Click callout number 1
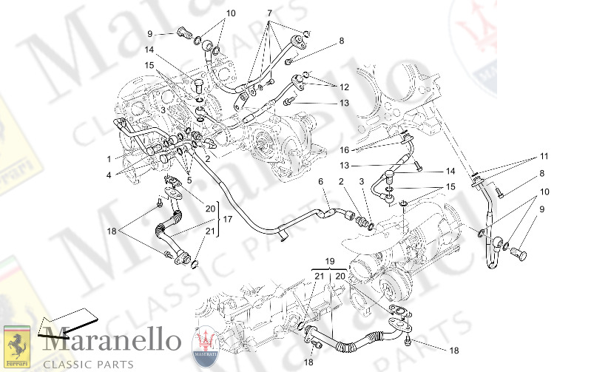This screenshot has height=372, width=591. pos(108,158)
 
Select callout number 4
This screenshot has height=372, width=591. pos(108,175)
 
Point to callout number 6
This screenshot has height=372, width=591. pos(320,182)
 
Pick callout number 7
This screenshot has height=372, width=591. pos(269,13)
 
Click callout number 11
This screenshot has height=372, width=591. pos(544,157)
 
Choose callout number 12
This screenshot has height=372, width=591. pos(343,87)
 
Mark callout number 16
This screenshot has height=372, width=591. pos(345,149)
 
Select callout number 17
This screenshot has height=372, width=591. pos(228,219)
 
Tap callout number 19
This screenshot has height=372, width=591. pos(330,261)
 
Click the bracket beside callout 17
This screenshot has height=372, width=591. pos(217,219)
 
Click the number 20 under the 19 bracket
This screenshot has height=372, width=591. pos(340,276)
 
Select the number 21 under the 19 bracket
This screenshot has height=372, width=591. pos(319,276)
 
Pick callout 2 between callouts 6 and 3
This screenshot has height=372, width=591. pos(341,182)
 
